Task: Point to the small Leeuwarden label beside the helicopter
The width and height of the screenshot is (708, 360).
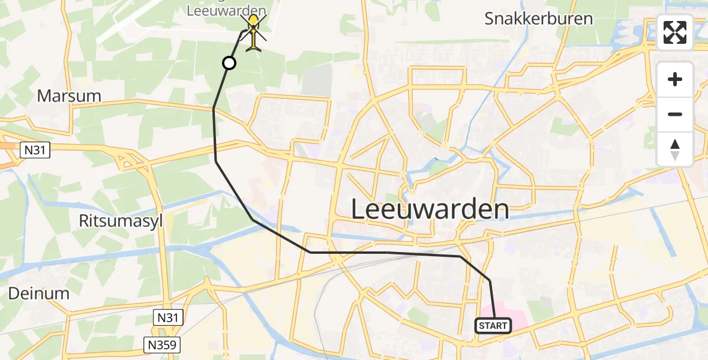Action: point(226,10)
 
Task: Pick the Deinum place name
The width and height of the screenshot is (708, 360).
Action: point(39,293)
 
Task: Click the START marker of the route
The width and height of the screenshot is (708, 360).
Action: point(493,326)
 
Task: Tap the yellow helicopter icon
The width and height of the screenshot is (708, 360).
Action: point(254,33)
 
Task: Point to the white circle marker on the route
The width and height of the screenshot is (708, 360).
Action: point(229,62)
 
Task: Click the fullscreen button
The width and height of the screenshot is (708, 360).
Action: point(675,32)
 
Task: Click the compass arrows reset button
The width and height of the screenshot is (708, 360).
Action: point(675,149)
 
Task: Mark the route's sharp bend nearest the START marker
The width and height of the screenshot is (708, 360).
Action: point(490,280)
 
